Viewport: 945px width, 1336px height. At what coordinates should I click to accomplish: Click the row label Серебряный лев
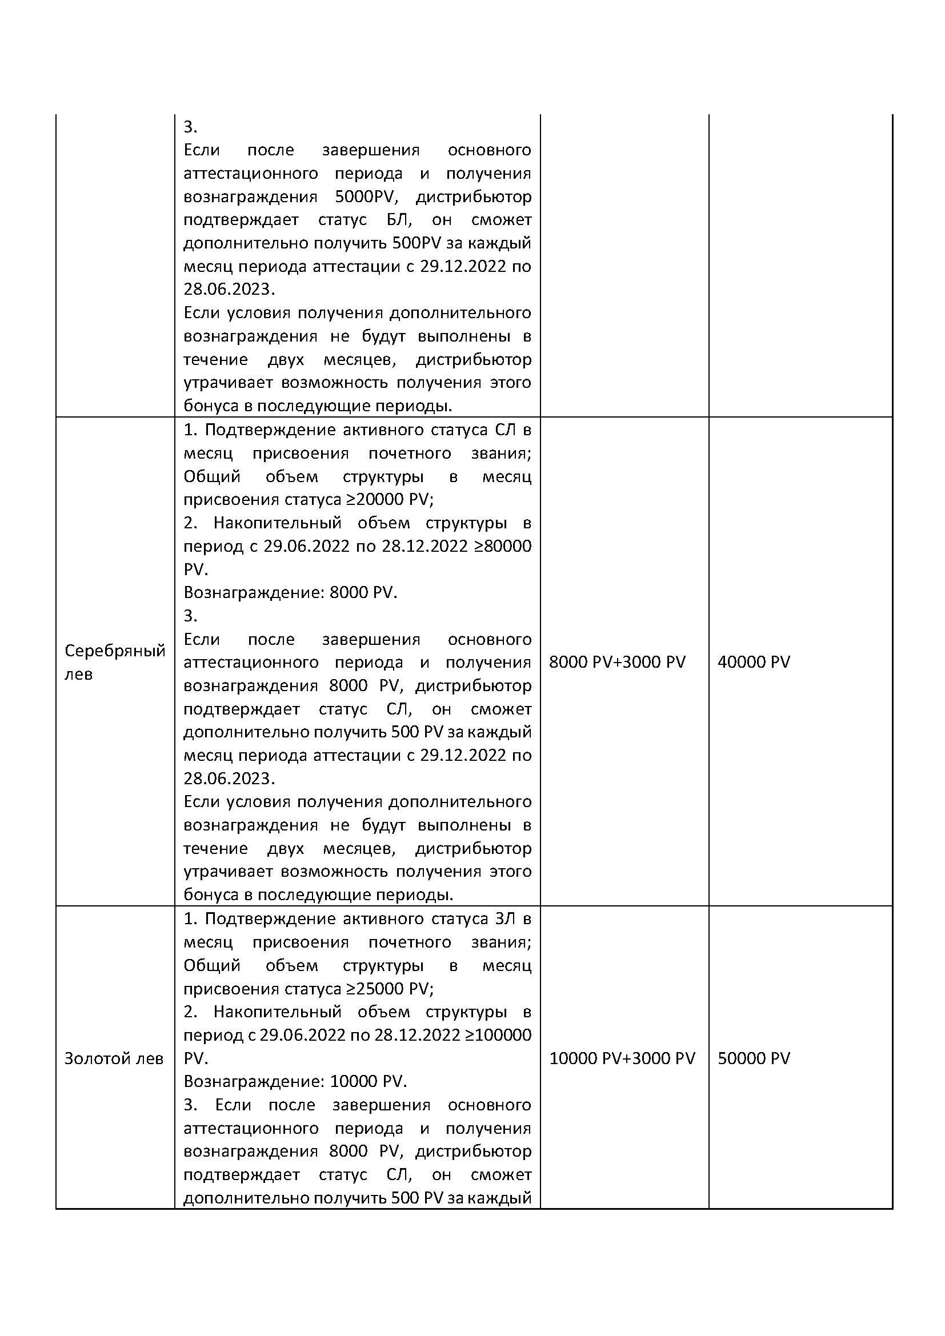pyautogui.click(x=115, y=661)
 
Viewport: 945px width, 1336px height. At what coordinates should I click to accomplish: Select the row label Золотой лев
pyautogui.click(x=114, y=1058)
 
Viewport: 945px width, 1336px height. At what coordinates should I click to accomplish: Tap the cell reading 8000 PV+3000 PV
pyautogui.click(x=617, y=661)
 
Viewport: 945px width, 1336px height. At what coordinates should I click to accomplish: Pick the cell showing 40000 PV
pyautogui.click(x=754, y=661)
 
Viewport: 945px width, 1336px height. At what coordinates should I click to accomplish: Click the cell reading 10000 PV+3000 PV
pyautogui.click(x=622, y=1058)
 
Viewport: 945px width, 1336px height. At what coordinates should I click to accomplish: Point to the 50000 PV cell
pyautogui.click(x=754, y=1058)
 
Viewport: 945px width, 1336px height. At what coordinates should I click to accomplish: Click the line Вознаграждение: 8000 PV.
pyautogui.click(x=290, y=592)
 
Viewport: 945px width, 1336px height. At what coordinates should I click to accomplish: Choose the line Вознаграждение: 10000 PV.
pyautogui.click(x=295, y=1081)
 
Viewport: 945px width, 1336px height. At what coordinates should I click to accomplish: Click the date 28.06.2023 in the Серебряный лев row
pyautogui.click(x=229, y=779)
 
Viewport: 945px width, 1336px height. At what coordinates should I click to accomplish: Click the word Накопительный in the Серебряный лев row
pyautogui.click(x=277, y=523)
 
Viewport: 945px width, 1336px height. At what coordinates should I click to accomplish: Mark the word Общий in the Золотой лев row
pyautogui.click(x=212, y=965)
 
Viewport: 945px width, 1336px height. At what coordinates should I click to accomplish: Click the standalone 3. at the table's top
pyautogui.click(x=190, y=127)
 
